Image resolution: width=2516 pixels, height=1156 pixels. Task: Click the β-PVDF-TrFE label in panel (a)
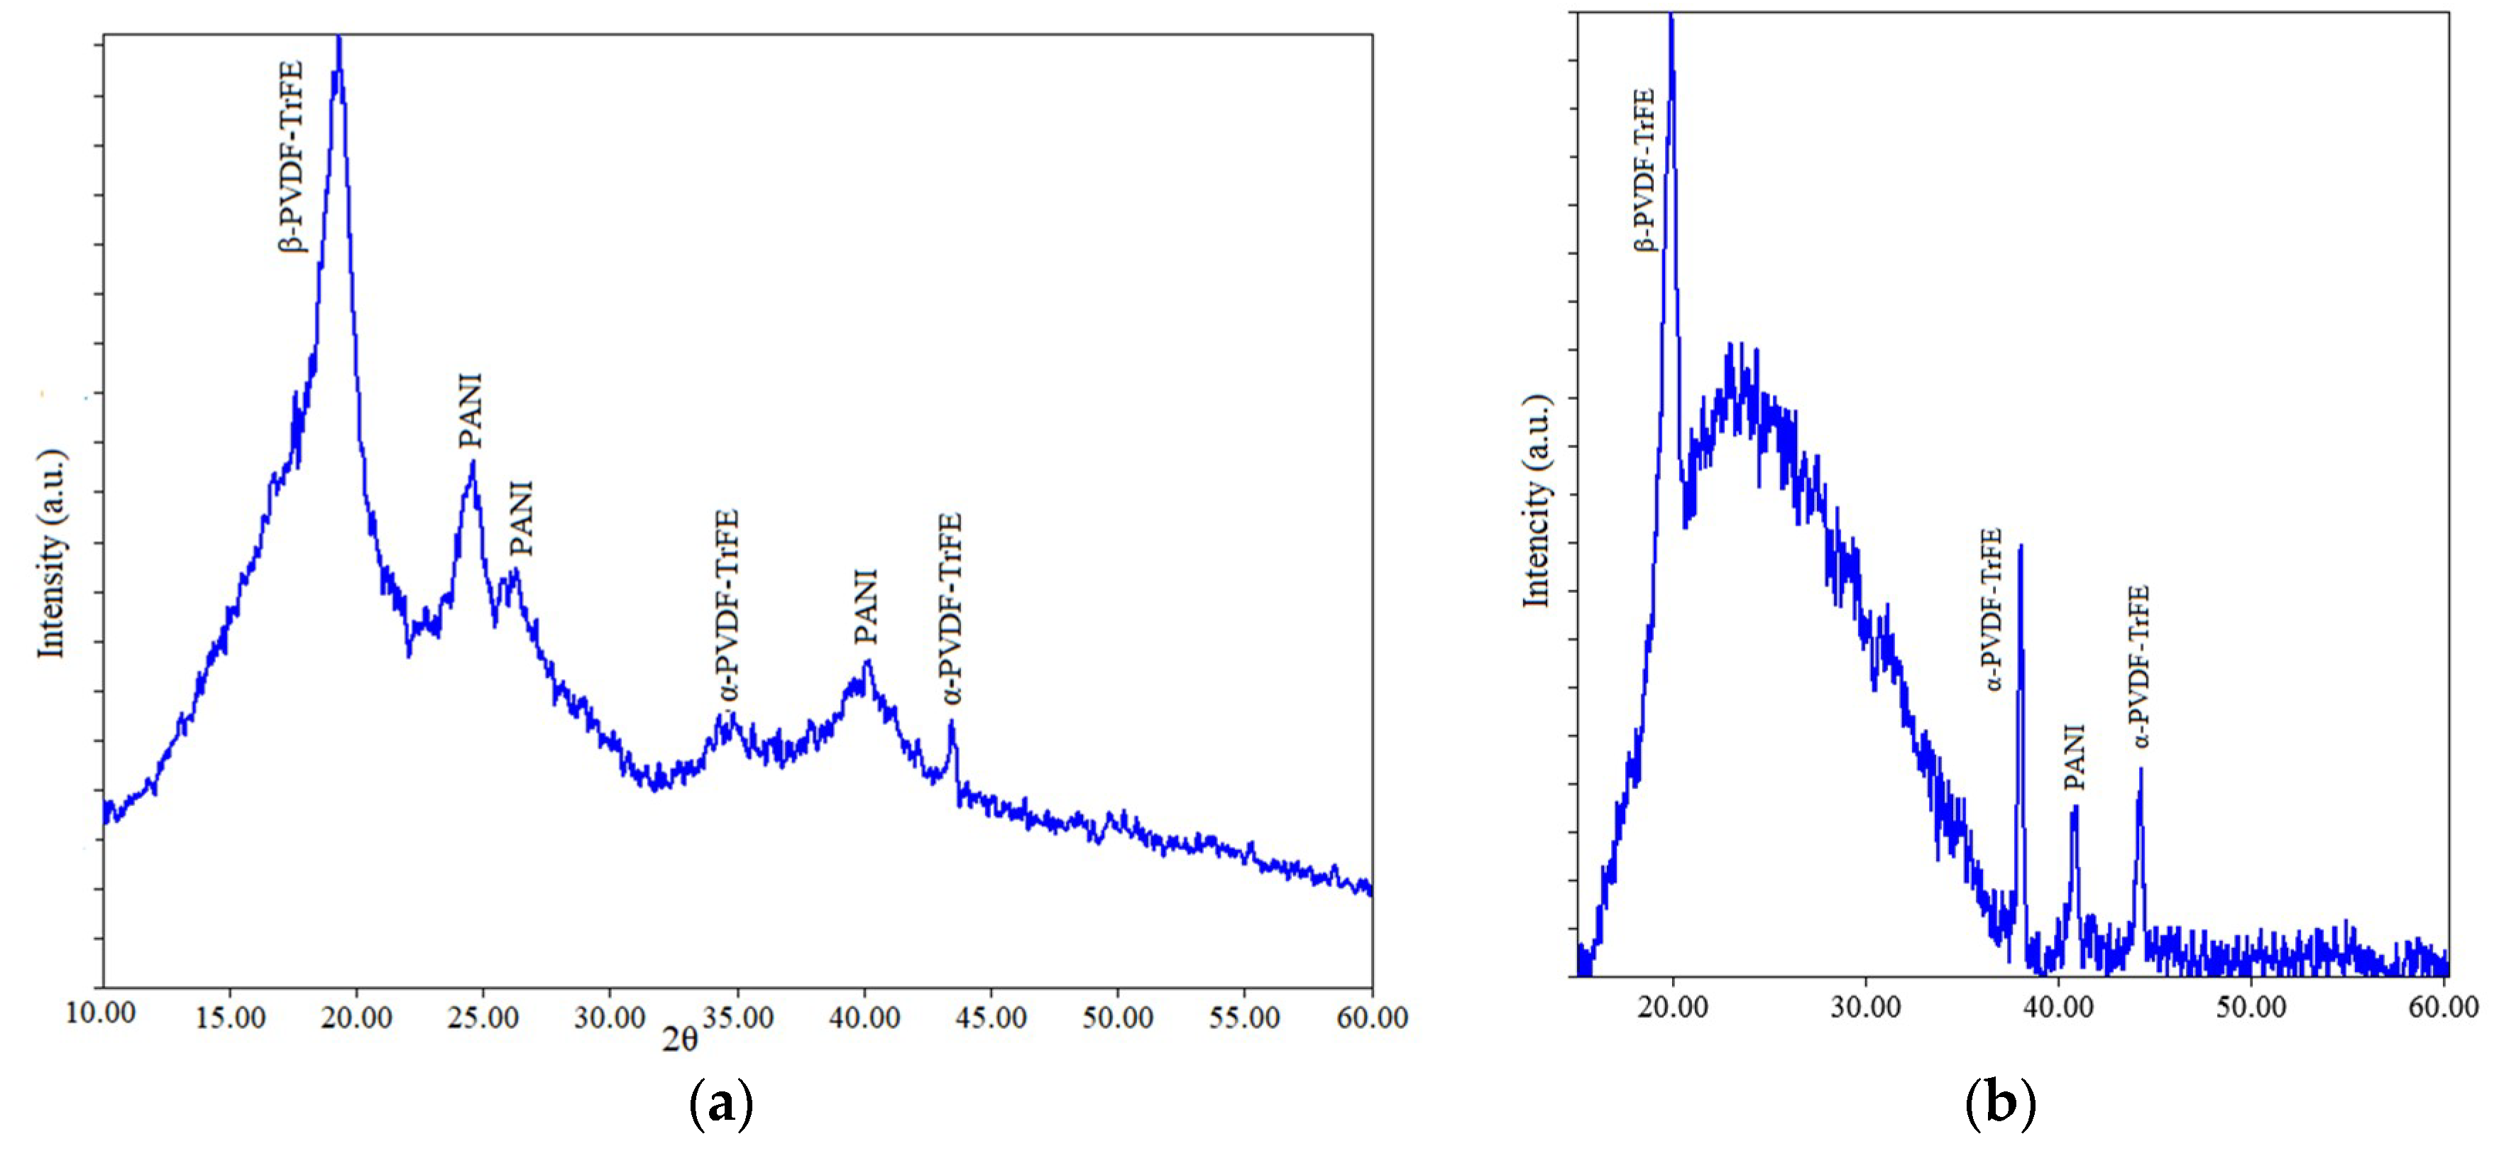tap(291, 156)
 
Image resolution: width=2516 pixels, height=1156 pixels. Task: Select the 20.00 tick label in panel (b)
tap(1673, 1006)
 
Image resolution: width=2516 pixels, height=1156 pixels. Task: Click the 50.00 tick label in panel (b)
tap(2251, 1006)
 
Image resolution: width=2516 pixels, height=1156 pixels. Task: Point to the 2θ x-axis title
tap(680, 1039)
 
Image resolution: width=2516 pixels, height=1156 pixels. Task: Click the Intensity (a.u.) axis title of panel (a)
tap(51, 553)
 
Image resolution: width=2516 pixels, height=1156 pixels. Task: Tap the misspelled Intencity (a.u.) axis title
tap(1537, 501)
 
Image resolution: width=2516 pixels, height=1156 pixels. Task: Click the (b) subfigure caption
tap(1999, 1103)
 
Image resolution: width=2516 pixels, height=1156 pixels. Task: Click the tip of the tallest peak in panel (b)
tap(1671, 16)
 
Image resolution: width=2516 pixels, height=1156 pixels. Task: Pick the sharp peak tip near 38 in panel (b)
tap(2020, 546)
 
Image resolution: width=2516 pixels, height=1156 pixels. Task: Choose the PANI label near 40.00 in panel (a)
tap(865, 607)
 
